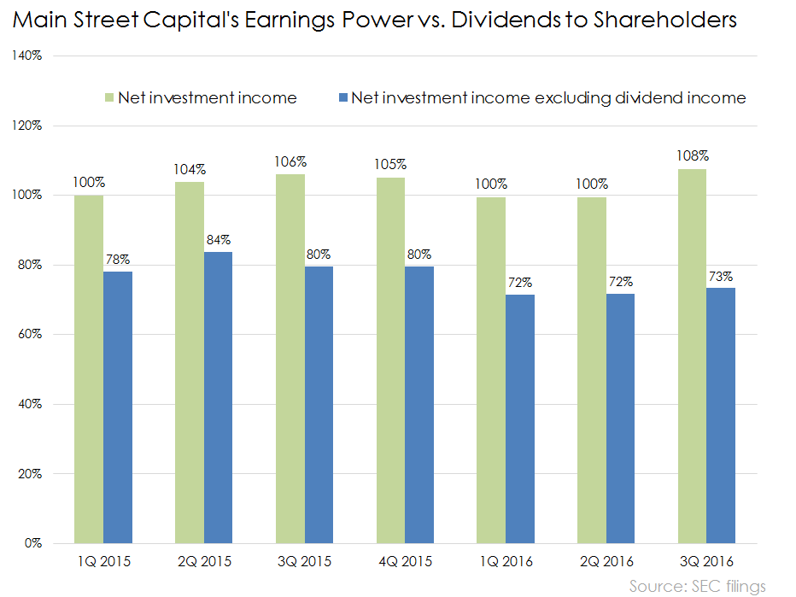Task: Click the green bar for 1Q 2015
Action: coord(89,369)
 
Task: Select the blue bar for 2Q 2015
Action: coord(218,397)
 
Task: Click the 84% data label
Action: coord(219,240)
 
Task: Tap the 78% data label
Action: coord(119,260)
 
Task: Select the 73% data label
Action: coord(721,276)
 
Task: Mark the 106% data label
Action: coord(290,162)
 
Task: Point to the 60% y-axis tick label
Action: coord(32,335)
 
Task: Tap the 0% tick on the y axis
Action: coord(35,543)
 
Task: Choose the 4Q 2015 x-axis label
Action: coord(404,562)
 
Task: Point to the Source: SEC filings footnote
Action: coord(698,586)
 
